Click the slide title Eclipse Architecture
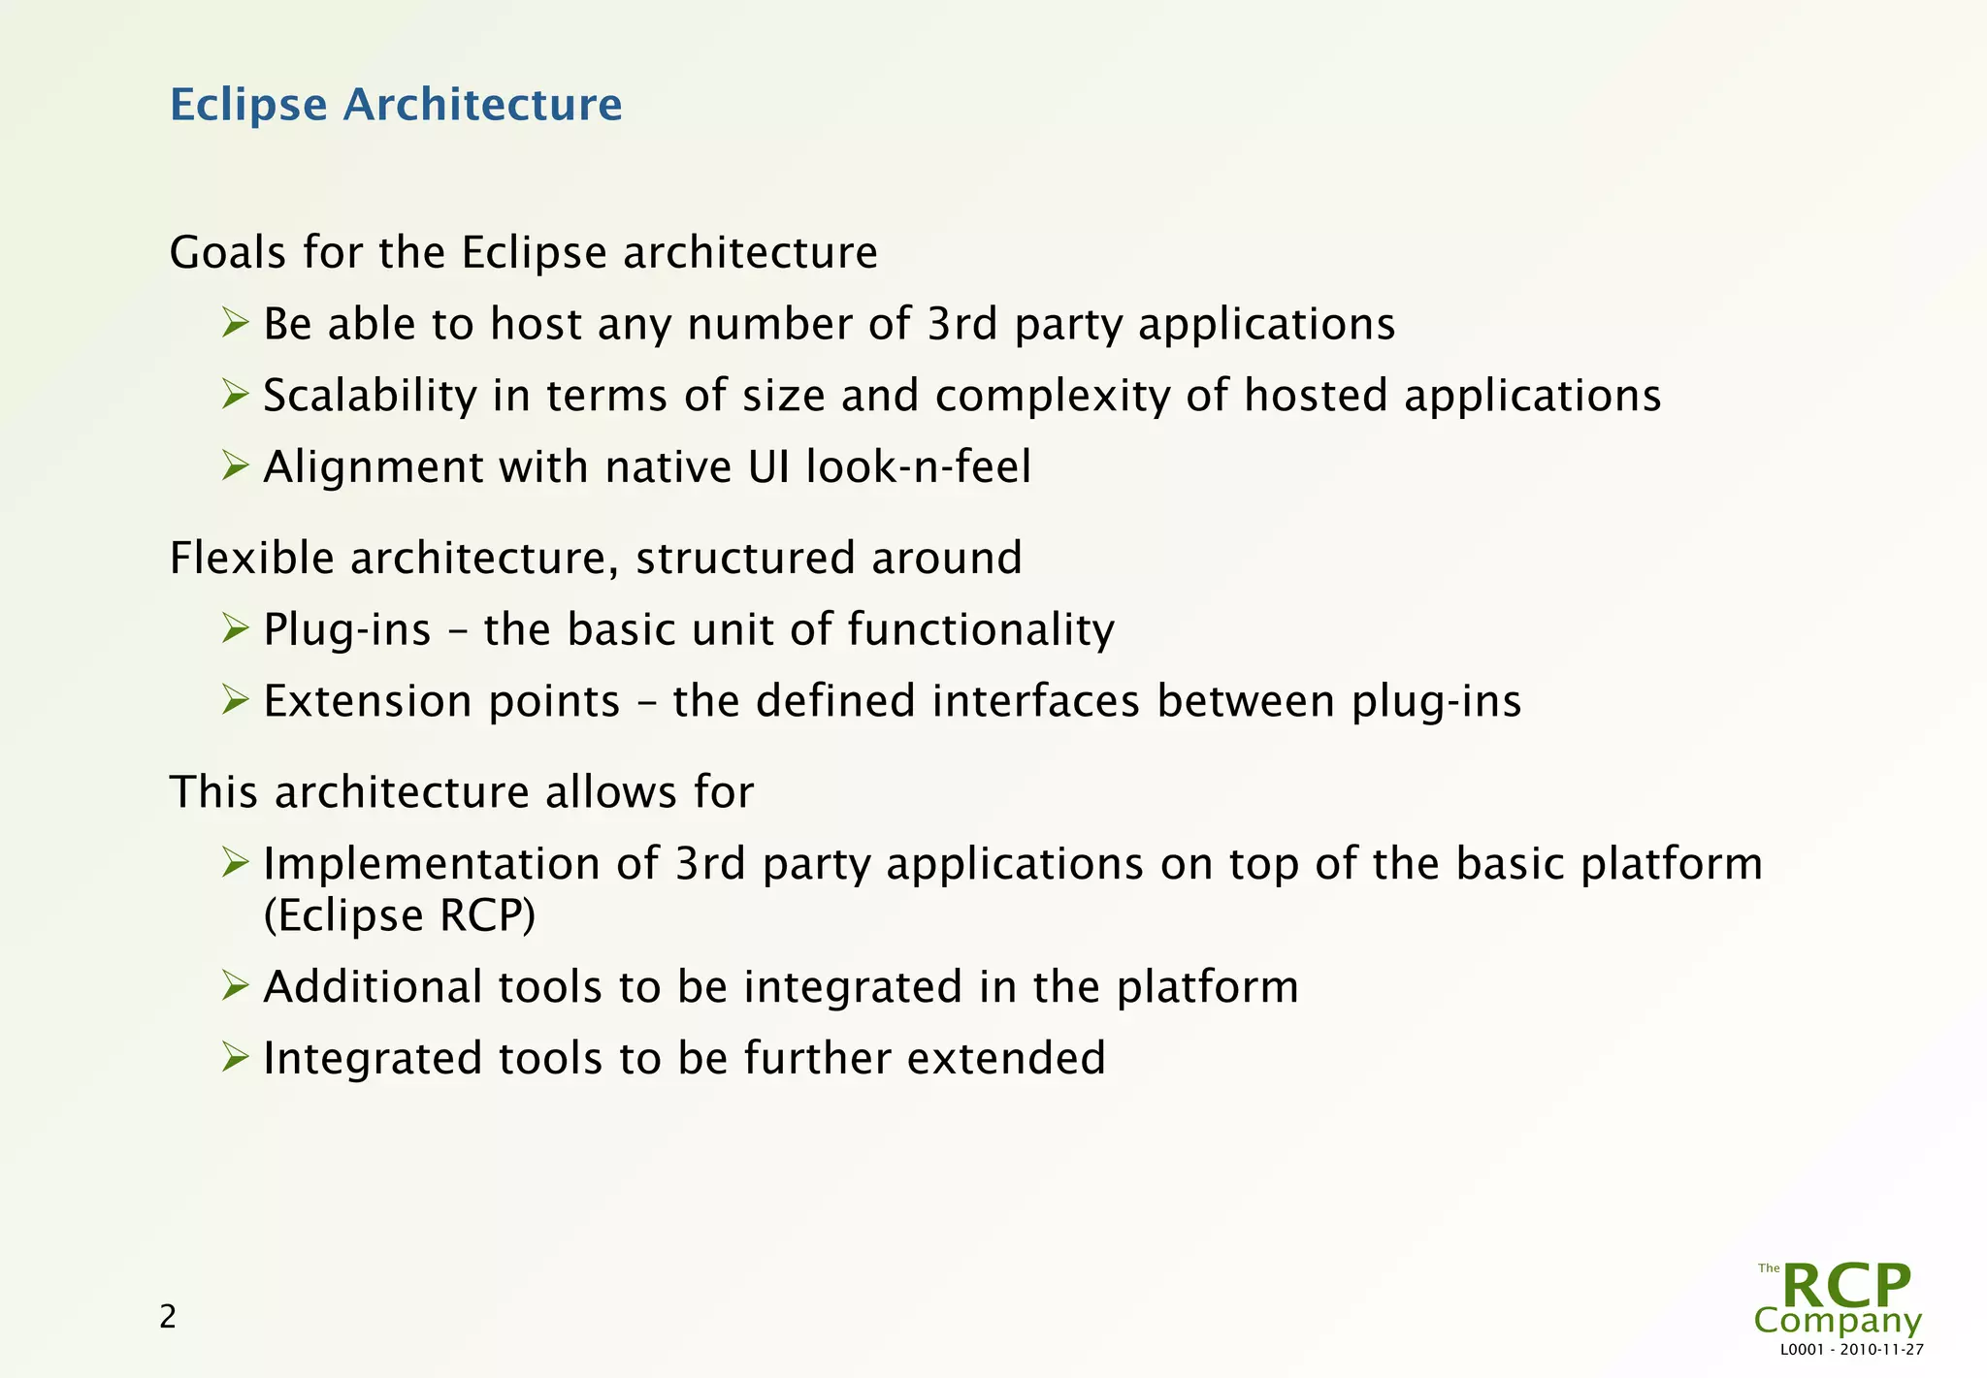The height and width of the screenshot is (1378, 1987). (396, 105)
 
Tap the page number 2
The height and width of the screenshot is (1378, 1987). (168, 1317)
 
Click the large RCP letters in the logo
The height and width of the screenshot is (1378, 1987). (1846, 1286)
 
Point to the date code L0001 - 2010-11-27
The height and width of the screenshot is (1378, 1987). (1852, 1350)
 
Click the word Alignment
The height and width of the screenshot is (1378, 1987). (374, 467)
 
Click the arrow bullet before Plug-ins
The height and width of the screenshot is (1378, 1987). (235, 628)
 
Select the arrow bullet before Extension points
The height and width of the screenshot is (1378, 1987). (235, 699)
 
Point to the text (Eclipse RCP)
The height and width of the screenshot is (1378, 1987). (400, 915)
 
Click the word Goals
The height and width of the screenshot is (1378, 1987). (228, 253)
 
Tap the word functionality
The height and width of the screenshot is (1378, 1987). (981, 629)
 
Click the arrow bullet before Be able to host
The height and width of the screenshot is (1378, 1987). (235, 323)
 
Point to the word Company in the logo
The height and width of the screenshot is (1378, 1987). (1838, 1321)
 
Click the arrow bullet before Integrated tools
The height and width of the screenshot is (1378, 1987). (235, 1057)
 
